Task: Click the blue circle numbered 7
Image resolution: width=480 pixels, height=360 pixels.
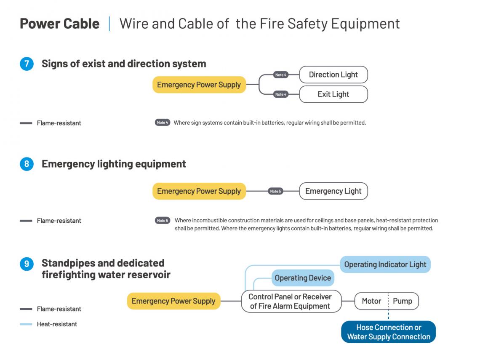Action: coord(27,64)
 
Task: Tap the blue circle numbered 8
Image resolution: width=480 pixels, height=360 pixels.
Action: coord(27,164)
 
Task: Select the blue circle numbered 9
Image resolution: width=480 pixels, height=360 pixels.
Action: coord(27,264)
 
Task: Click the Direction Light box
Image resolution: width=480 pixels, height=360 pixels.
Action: coord(333,75)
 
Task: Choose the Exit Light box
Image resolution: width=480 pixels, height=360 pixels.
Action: coord(333,94)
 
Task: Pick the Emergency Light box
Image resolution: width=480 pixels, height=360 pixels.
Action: coord(333,191)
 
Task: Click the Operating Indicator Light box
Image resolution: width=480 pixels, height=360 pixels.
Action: coord(385,264)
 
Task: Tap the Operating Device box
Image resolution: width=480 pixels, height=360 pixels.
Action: coord(303,278)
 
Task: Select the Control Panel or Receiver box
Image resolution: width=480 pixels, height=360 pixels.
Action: coord(291,301)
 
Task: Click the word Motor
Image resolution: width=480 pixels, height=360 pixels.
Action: coord(371,301)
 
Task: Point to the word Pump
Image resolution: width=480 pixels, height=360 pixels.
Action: coord(403,301)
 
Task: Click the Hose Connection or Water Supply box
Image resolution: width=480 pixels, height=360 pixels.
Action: coord(388,332)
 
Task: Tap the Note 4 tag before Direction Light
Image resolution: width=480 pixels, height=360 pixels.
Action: coord(280,75)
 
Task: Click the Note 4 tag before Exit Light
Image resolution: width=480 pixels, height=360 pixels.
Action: coord(280,94)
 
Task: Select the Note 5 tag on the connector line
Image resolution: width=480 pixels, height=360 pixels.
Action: coord(275,191)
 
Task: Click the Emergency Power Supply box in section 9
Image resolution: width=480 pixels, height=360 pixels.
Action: coord(173,301)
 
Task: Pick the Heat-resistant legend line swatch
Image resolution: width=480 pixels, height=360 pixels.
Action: coord(26,324)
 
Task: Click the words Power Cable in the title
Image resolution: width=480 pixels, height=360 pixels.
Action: coord(60,24)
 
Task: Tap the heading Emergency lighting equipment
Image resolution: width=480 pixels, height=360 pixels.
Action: coord(114,164)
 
